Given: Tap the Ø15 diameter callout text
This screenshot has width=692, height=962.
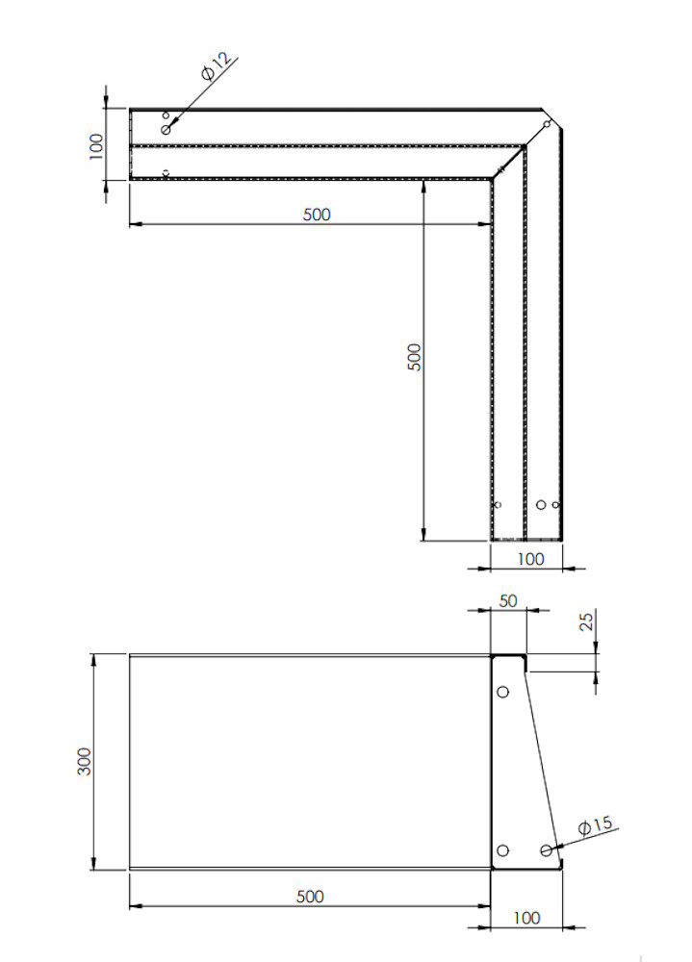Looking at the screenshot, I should point(596,825).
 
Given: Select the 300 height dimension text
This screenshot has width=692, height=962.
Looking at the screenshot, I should point(86,762).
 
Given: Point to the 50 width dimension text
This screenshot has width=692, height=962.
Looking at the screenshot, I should point(507,600).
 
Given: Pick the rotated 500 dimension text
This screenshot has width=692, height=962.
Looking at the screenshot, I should point(415,358).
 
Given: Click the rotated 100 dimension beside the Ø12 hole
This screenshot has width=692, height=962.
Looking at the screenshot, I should point(96,145).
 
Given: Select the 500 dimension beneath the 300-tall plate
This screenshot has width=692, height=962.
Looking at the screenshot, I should point(309,897).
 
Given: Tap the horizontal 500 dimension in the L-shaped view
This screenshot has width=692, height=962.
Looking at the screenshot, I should point(316,215).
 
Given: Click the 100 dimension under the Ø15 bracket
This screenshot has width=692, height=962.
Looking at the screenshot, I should point(526,918).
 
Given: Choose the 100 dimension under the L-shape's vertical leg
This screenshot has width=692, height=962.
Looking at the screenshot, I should point(530,558).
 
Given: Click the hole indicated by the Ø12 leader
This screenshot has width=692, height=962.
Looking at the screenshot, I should point(166,129).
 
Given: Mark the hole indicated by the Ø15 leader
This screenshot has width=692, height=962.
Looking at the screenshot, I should point(546,850).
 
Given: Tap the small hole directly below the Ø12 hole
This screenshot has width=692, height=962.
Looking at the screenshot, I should point(166,172).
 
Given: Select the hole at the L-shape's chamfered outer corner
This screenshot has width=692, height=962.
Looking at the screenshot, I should point(547,124).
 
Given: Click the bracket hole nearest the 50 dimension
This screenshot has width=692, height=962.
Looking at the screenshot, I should point(502,692).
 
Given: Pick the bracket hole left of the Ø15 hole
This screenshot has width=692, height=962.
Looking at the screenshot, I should point(502,850).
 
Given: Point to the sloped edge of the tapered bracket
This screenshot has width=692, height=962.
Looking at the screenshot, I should point(542,760).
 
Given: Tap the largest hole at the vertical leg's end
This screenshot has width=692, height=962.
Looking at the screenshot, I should point(542,504).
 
